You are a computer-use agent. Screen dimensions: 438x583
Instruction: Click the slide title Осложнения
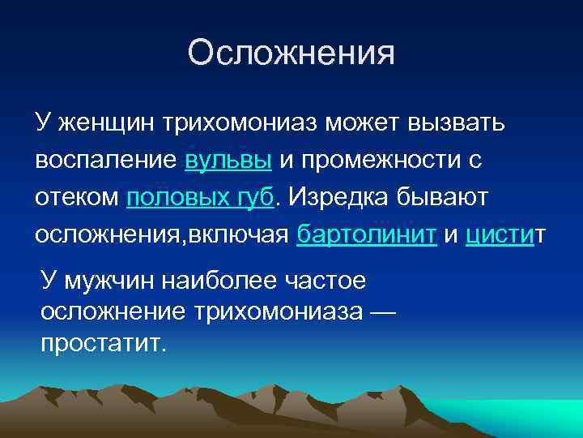tap(291, 54)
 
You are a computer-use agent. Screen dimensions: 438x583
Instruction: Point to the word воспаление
tap(105, 160)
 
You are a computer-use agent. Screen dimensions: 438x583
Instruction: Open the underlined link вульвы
tap(228, 160)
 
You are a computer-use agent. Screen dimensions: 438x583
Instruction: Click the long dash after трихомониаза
tap(379, 312)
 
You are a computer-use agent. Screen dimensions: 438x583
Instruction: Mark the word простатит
tap(102, 343)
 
